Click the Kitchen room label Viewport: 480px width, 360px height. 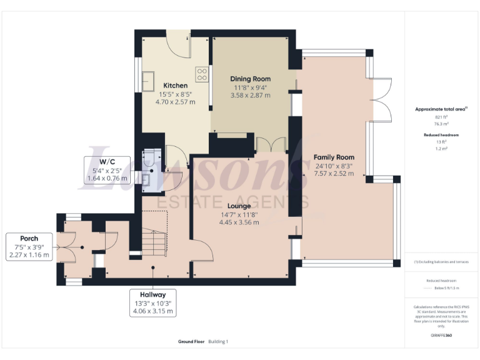[175, 85]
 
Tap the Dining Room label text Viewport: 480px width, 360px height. [250, 79]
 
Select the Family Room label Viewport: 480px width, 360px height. [334, 157]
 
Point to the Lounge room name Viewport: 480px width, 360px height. [239, 206]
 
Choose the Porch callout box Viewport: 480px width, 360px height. [29, 246]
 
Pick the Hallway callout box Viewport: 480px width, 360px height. [153, 302]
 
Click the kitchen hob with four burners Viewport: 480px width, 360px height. [202, 74]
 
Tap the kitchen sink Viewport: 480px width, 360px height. [149, 80]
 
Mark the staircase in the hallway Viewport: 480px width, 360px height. [154, 241]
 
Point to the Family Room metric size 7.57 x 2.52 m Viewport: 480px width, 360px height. [334, 174]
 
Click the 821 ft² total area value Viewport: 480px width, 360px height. [441, 117]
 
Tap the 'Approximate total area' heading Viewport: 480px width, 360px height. [441, 109]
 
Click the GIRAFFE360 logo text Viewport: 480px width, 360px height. [441, 336]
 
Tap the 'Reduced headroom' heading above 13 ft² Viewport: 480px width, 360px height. [441, 135]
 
